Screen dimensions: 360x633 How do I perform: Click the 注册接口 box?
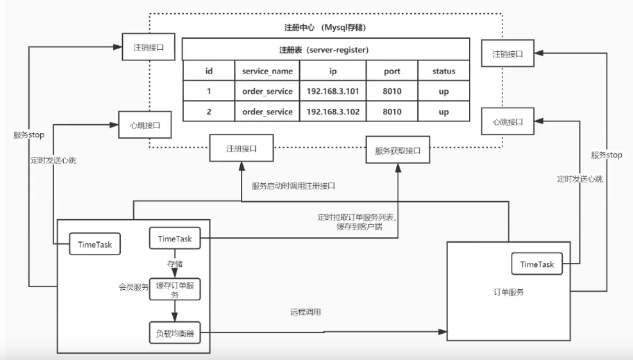click(241, 148)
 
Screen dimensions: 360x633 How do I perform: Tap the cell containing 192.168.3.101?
click(332, 92)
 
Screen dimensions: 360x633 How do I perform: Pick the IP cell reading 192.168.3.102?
click(332, 112)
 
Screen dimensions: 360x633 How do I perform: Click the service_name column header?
click(267, 71)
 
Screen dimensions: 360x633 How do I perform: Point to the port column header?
click(392, 71)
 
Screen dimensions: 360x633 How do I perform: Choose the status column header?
click(444, 71)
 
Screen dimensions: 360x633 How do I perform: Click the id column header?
click(208, 71)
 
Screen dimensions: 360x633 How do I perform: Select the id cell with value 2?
click(208, 112)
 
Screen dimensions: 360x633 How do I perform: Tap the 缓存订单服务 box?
click(174, 289)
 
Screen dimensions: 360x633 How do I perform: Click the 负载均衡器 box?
click(174, 333)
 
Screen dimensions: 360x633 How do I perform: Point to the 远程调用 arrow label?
click(305, 312)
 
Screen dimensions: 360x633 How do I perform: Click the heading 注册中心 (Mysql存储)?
click(326, 27)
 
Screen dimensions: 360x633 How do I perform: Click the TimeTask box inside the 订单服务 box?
click(537, 264)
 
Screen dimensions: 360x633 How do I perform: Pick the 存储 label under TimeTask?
click(174, 264)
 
